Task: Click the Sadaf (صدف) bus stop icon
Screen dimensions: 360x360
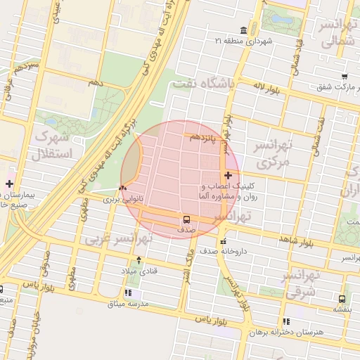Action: (186, 219)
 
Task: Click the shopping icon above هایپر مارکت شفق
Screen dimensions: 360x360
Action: (345, 77)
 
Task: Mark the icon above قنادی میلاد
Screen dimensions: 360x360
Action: (139, 260)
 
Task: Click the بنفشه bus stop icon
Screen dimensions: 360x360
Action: (342, 299)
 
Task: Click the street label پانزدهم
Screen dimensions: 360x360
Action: (205, 138)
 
